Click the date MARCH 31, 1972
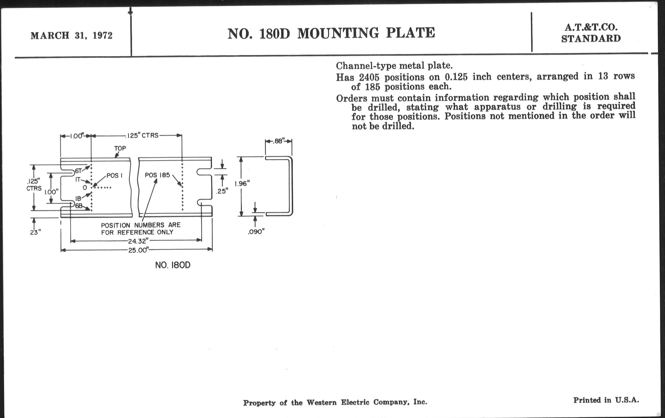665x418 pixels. (72, 36)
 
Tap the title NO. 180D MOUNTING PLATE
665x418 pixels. (331, 33)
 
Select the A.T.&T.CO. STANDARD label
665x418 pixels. (591, 33)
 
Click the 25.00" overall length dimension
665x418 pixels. (138, 250)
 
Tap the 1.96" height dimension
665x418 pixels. (242, 184)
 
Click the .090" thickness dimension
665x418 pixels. (256, 232)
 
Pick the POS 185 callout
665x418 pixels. (157, 175)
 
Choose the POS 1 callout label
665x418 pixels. (114, 175)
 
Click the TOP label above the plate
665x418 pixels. (120, 148)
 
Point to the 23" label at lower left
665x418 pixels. (35, 232)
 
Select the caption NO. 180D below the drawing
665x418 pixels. (173, 265)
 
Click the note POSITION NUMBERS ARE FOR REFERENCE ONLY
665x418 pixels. (141, 229)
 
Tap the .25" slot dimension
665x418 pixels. (222, 191)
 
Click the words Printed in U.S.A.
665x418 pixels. (606, 400)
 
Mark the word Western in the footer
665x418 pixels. (322, 402)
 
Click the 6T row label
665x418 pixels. (78, 171)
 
